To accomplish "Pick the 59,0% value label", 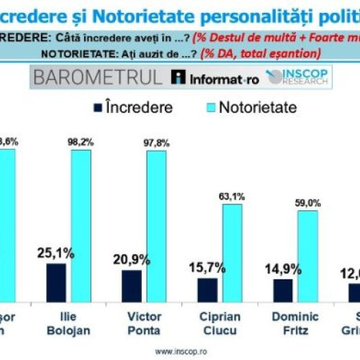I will (x=308, y=202).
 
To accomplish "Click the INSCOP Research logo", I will (x=296, y=78).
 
